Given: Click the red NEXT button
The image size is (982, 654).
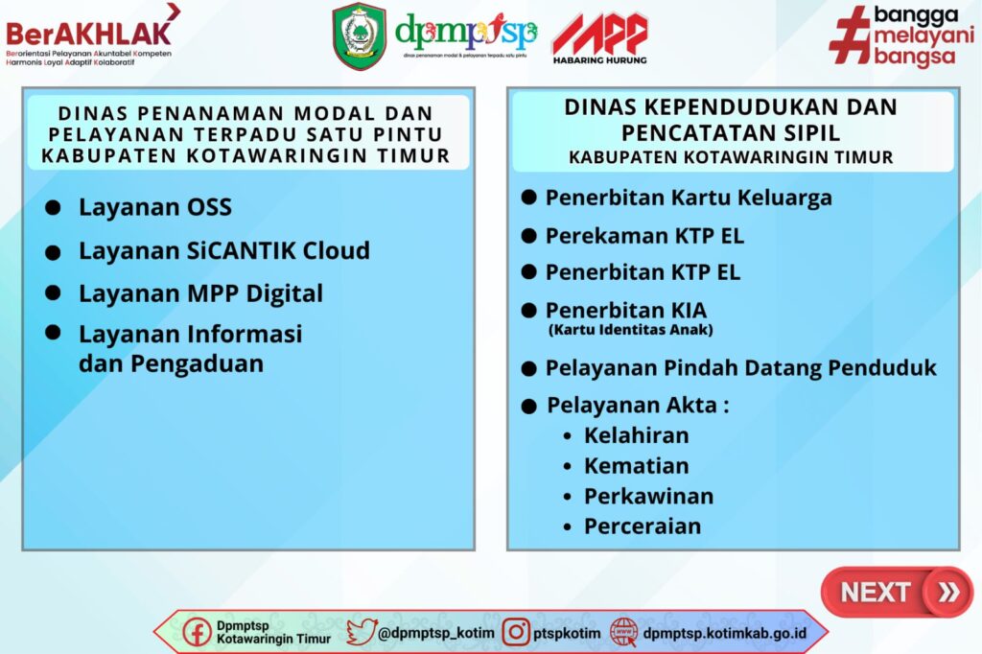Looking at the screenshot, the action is pos(897,592).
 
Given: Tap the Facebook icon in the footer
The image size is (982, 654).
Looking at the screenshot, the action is pos(197,632).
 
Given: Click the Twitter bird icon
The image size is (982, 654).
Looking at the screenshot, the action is pos(362,632).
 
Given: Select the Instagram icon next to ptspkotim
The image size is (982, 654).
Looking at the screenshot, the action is pos(516,632).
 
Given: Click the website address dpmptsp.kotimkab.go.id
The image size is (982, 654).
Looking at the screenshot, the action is pos(725,633).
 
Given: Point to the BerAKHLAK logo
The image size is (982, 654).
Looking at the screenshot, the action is pos(93,35).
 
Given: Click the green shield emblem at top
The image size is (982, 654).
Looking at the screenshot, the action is pos(359,35).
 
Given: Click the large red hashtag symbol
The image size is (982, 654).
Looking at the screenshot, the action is pos(850,35).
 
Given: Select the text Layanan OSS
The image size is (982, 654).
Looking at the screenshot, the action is pos(155,207).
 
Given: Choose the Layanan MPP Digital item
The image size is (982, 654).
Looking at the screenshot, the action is pos(201,293).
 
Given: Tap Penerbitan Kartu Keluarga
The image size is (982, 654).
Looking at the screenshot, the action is pos(689,198).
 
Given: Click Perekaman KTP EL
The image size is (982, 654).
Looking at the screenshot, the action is pos(645,236).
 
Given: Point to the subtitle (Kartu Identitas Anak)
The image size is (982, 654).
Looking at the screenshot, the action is pos(631,330).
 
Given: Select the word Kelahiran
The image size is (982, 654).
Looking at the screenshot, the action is pos(637,435).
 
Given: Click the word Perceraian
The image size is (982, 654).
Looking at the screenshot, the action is pos(643,526).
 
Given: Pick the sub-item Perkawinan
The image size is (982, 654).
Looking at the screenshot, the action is pos(649,496).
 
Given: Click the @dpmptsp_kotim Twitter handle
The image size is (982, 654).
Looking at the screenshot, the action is pos(436,633).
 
